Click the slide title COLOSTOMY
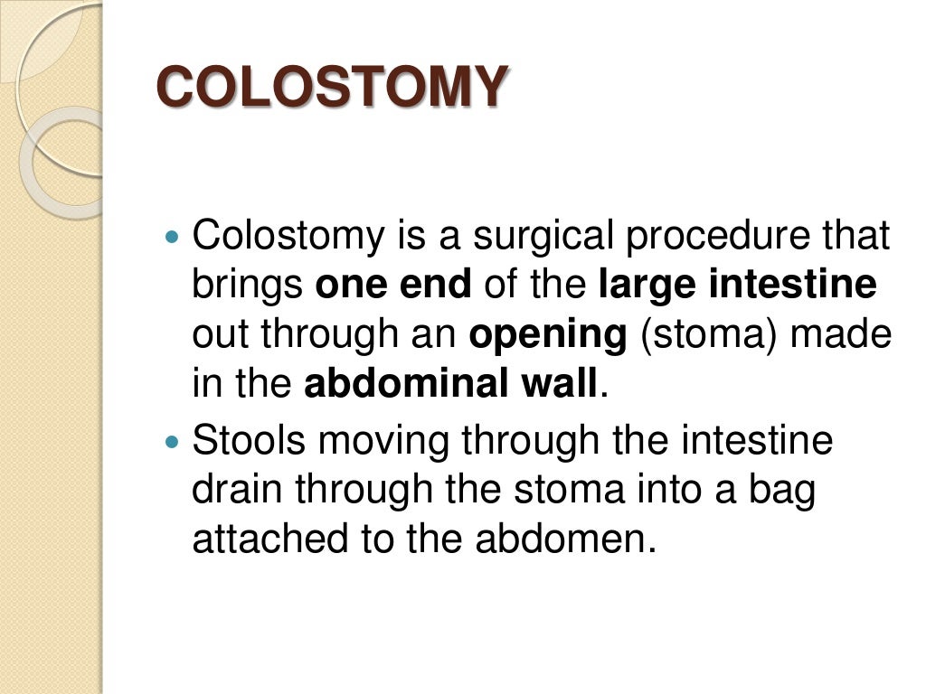(x=329, y=88)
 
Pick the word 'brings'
(x=247, y=286)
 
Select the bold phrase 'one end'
(x=393, y=286)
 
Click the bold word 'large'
(x=647, y=286)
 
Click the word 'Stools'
(x=249, y=442)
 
